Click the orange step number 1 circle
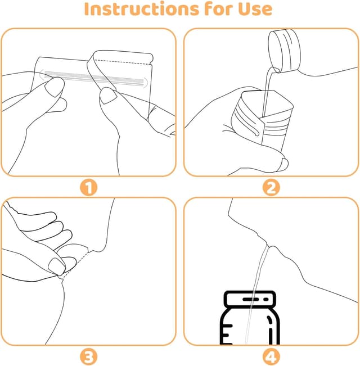(89, 187)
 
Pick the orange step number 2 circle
(271, 187)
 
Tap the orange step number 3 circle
(89, 356)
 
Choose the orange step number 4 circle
(271, 356)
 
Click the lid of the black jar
(251, 300)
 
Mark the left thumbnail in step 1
(54, 86)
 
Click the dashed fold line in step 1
(124, 60)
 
